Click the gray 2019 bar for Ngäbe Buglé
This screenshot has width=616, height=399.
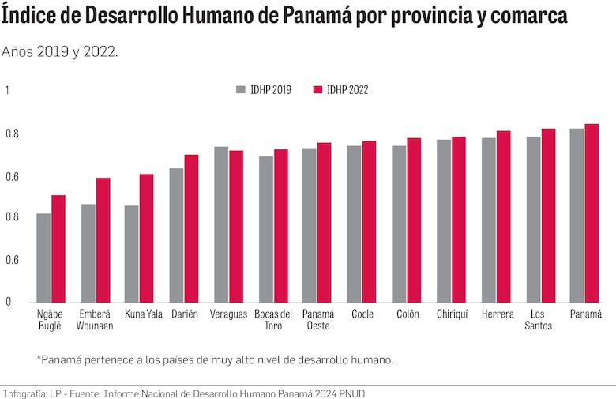(43, 258)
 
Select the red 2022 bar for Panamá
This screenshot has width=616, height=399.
(592, 213)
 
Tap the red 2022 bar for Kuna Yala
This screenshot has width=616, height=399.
(147, 238)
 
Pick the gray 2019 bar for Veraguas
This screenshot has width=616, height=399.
(221, 224)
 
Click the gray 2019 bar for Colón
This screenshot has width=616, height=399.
(399, 224)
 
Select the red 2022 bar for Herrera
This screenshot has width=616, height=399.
(503, 216)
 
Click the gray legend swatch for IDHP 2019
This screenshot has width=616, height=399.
(241, 89)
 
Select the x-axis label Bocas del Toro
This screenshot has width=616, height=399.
(273, 319)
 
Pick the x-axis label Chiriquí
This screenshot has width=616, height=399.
(452, 314)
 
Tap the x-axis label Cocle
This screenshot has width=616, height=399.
(362, 314)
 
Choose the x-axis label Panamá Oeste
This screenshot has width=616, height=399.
(317, 319)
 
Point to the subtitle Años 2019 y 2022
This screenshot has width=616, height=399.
(60, 51)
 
